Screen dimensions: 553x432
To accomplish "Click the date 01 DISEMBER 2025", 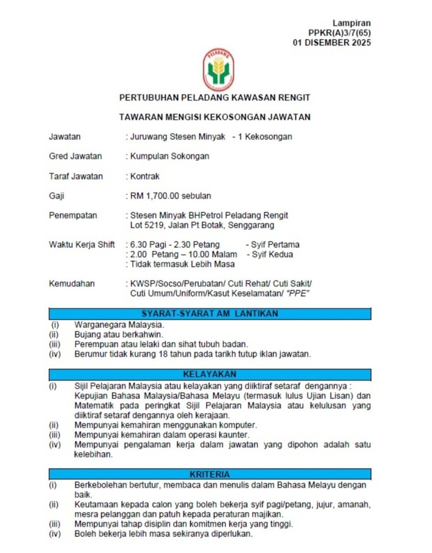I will click(x=332, y=43).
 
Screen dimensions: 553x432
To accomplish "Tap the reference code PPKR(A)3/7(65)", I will click(x=340, y=33).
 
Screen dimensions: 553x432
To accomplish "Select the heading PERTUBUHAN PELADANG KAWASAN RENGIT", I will click(x=215, y=98).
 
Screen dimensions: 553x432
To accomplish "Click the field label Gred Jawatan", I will click(x=75, y=156).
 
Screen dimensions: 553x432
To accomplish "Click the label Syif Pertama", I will click(x=272, y=245).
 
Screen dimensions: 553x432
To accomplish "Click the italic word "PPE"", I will click(x=297, y=293).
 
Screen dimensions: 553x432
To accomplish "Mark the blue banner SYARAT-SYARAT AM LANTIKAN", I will click(x=210, y=314).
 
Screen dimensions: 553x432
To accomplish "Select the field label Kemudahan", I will click(x=72, y=284).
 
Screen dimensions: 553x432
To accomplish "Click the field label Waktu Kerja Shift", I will click(x=82, y=245).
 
